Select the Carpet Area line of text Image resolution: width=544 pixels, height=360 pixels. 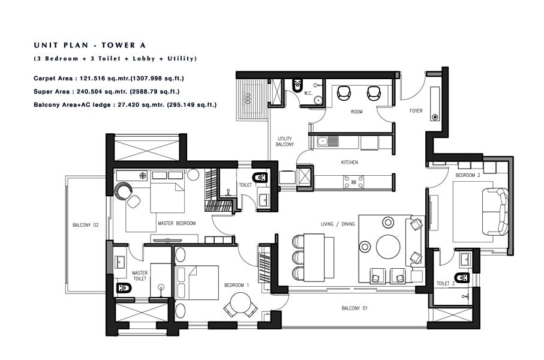pos(109,79)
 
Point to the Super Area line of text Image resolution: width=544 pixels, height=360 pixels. pos(107,91)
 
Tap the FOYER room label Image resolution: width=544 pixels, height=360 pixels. pos(416,110)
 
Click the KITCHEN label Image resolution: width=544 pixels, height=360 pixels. pos(350,163)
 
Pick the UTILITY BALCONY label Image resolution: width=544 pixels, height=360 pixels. pos(285,142)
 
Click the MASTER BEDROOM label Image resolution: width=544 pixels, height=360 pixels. pos(176,223)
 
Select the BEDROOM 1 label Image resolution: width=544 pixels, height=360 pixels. pos(236,285)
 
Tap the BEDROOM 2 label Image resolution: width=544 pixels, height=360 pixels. pos(468,175)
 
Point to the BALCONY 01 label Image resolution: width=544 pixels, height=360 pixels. pos(354,308)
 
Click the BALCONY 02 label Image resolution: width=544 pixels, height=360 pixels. pos(85,225)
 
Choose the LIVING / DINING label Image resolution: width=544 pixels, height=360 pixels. pos(337,224)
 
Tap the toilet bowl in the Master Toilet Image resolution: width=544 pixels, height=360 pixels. pos(125,288)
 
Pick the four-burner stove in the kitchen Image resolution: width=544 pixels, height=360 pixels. pos(352,181)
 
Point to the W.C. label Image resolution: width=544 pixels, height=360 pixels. pos(307,93)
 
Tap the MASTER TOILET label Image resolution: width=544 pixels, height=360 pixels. pos(140,276)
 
